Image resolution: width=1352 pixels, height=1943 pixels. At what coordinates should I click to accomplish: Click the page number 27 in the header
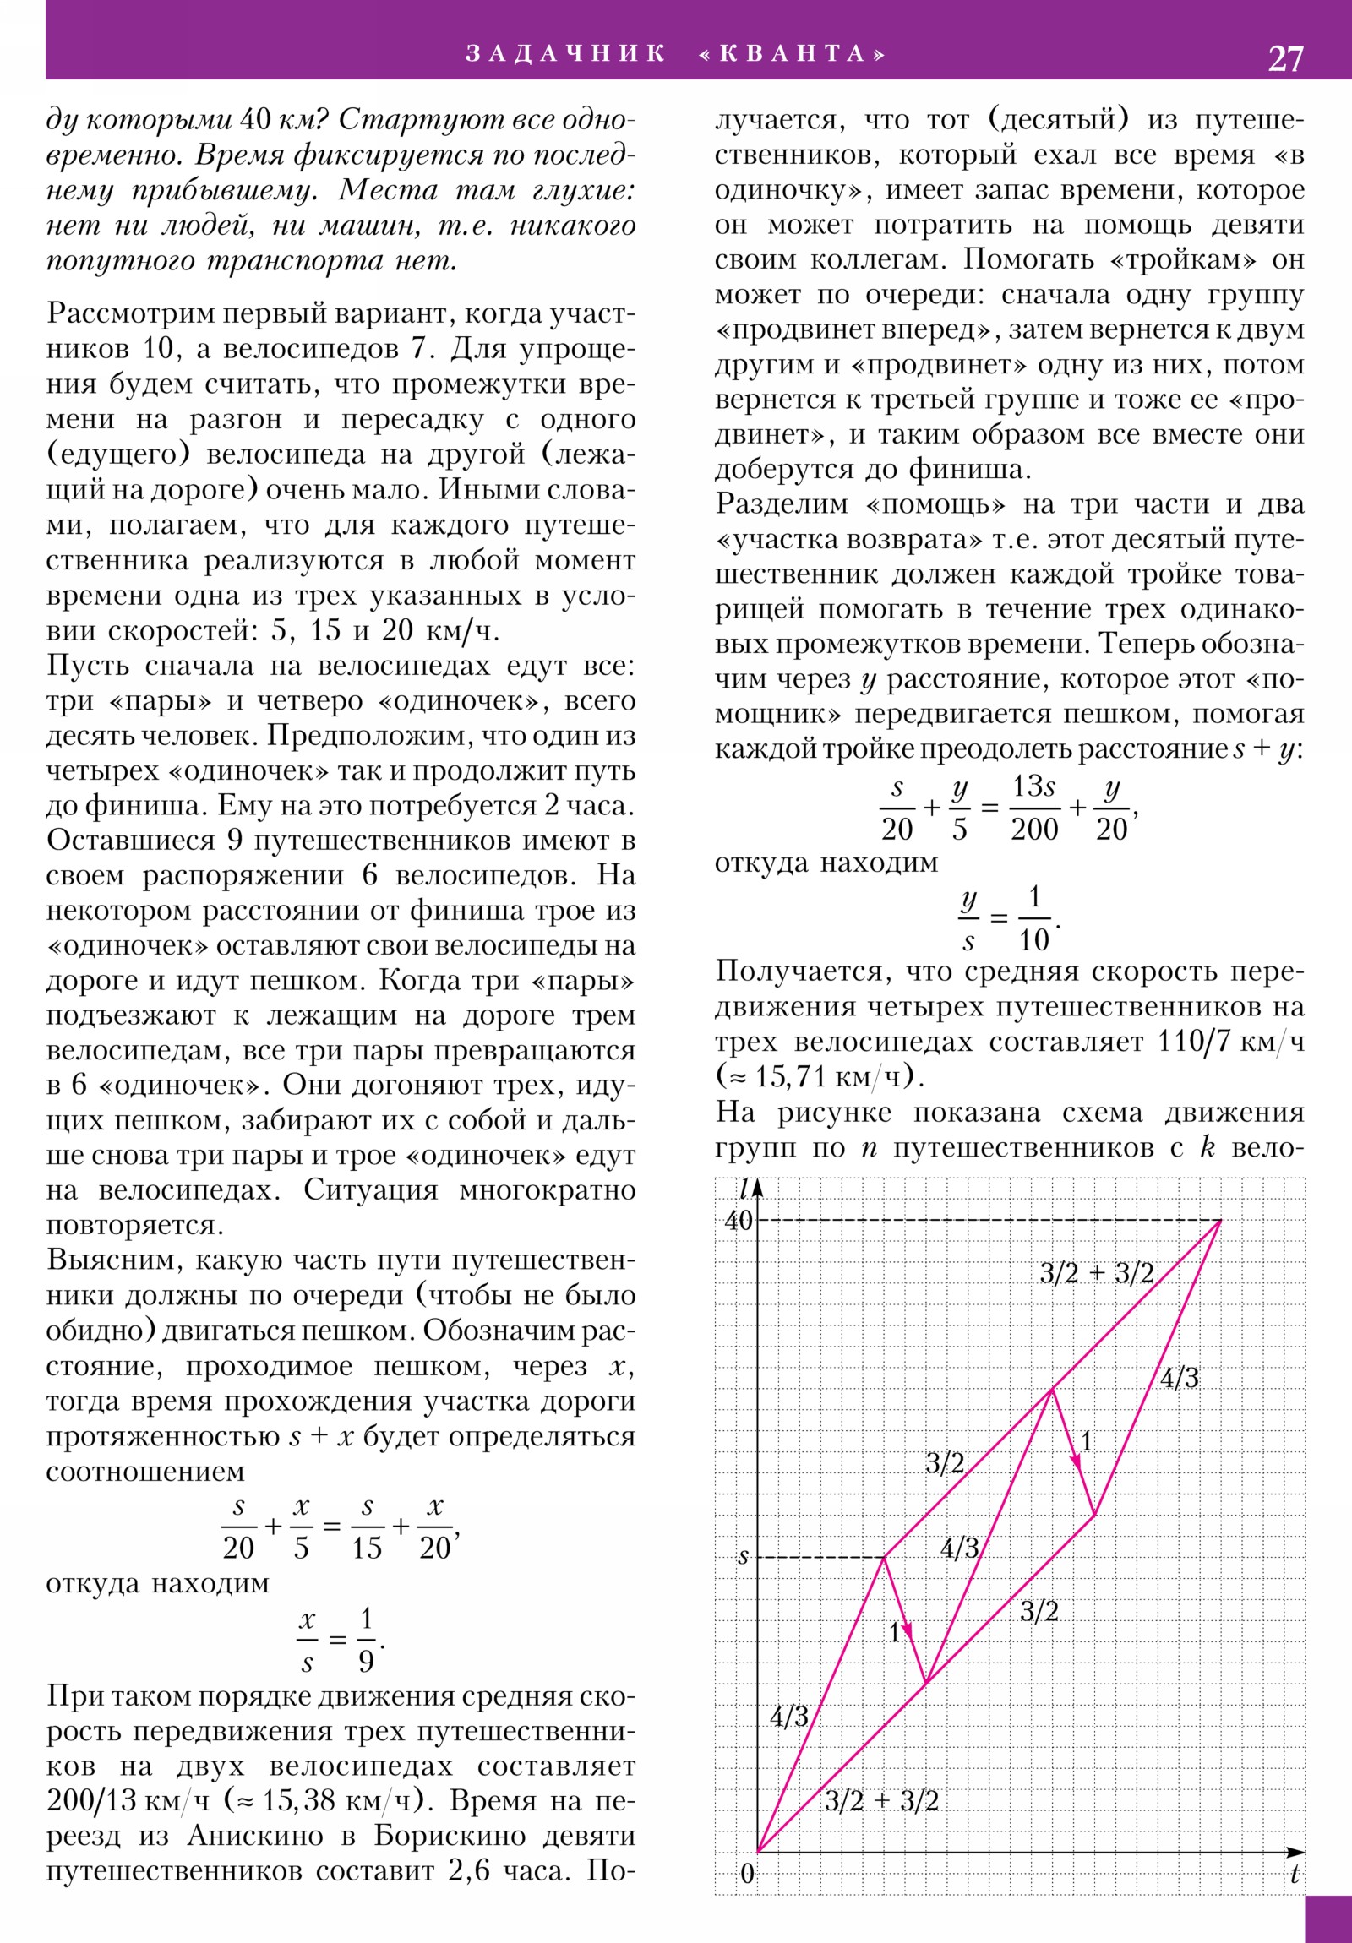[1285, 58]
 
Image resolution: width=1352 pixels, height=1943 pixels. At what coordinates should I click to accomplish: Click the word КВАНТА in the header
[793, 54]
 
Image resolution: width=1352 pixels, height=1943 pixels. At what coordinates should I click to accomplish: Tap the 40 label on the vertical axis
[738, 1221]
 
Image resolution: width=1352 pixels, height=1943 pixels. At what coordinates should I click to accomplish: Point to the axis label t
[1295, 1874]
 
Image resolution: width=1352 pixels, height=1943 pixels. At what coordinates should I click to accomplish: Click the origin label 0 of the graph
[747, 1873]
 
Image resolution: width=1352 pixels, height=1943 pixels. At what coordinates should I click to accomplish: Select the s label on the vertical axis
[744, 1555]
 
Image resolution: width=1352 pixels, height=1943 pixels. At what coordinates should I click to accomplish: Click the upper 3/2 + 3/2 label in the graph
[1096, 1273]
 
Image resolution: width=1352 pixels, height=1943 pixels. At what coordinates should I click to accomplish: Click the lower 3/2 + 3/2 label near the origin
[881, 1800]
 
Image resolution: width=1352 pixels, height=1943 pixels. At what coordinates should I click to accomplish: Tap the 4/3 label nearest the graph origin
[789, 1717]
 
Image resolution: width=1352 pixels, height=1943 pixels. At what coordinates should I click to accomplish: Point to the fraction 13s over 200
[1033, 808]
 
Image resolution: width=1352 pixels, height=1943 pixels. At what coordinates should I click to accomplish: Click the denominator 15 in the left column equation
[367, 1547]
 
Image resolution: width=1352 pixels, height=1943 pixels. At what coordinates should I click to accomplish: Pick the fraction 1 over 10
[1033, 918]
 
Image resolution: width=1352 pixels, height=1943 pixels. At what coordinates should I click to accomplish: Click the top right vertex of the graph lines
[1221, 1221]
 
